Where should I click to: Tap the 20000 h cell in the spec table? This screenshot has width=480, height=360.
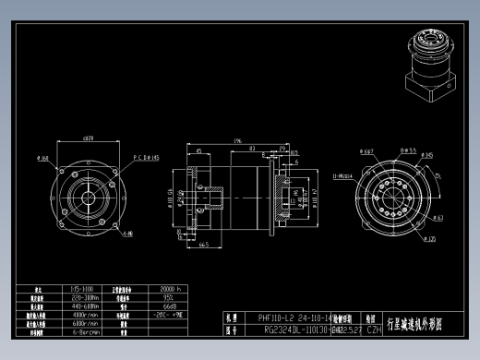tap(173, 289)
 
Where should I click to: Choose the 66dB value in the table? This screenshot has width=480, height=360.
tap(169, 306)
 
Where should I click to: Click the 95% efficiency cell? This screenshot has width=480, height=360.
tap(169, 298)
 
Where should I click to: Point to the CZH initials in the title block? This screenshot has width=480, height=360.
tap(374, 329)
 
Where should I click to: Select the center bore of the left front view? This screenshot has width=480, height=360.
tap(88, 196)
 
